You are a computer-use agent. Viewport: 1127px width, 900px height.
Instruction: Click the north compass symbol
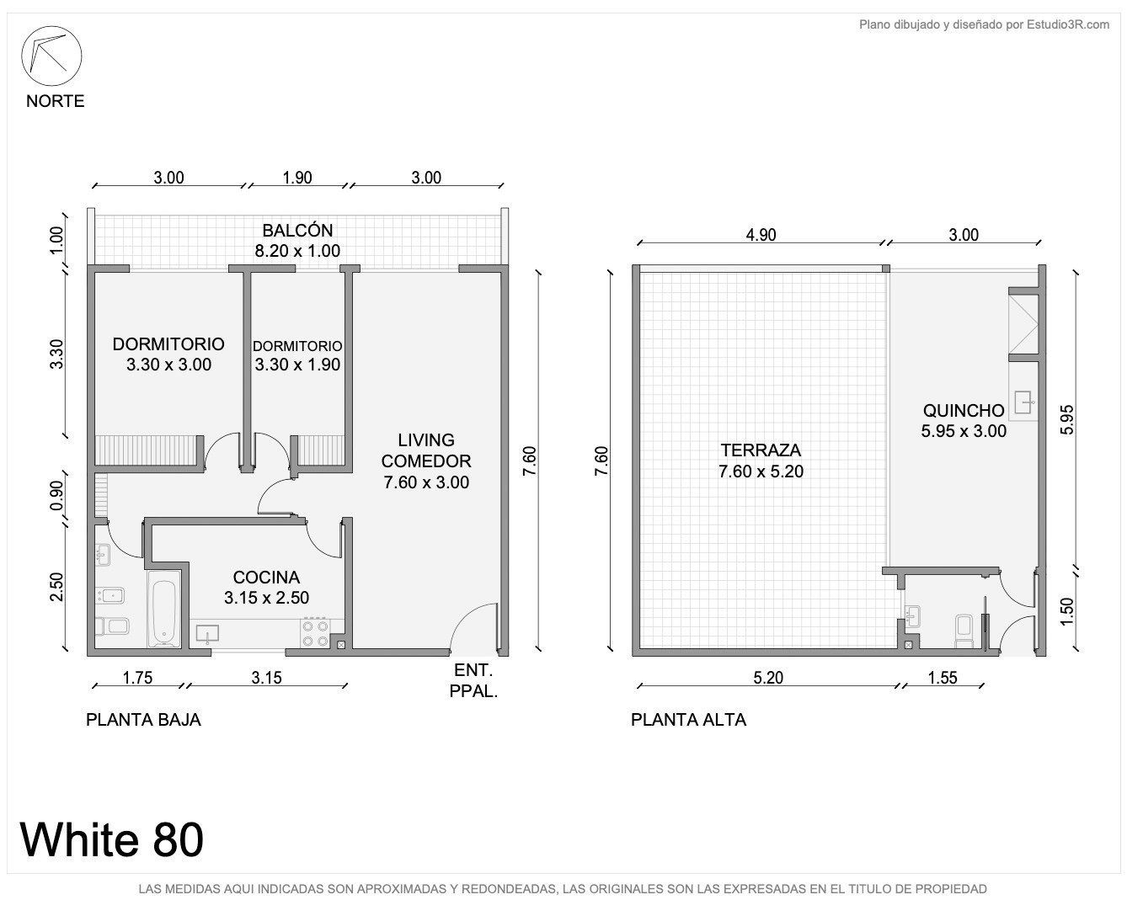pyautogui.click(x=51, y=56)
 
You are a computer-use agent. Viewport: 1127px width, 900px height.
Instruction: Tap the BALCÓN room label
pyautogui.click(x=297, y=231)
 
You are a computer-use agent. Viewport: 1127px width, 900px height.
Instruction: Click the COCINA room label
pyautogui.click(x=266, y=577)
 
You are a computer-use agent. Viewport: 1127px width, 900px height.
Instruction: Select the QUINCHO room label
pyautogui.click(x=964, y=411)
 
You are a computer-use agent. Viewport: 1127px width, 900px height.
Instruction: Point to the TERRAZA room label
pyautogui.click(x=761, y=450)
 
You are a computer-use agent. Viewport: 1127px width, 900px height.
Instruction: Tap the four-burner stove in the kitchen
pyautogui.click(x=315, y=633)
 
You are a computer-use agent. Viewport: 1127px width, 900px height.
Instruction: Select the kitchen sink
pyautogui.click(x=207, y=634)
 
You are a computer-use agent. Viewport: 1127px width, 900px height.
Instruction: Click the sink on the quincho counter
pyautogui.click(x=1023, y=402)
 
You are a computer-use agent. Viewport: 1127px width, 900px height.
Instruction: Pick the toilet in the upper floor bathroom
pyautogui.click(x=964, y=631)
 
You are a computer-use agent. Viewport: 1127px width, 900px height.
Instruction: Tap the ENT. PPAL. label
pyautogui.click(x=473, y=680)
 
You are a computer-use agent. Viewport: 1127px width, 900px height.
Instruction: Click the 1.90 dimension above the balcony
pyautogui.click(x=297, y=178)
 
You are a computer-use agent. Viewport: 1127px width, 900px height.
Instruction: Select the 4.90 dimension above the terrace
pyautogui.click(x=761, y=235)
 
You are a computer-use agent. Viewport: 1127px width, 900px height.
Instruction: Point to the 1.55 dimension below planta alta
pyautogui.click(x=943, y=678)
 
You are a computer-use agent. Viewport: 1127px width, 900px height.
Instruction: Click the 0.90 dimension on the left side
pyautogui.click(x=56, y=495)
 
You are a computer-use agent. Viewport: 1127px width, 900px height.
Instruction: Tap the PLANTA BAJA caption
pyautogui.click(x=143, y=719)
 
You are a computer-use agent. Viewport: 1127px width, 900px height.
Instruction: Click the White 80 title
pyautogui.click(x=111, y=839)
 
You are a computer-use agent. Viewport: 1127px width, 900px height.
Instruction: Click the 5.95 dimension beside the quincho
pyautogui.click(x=1066, y=419)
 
